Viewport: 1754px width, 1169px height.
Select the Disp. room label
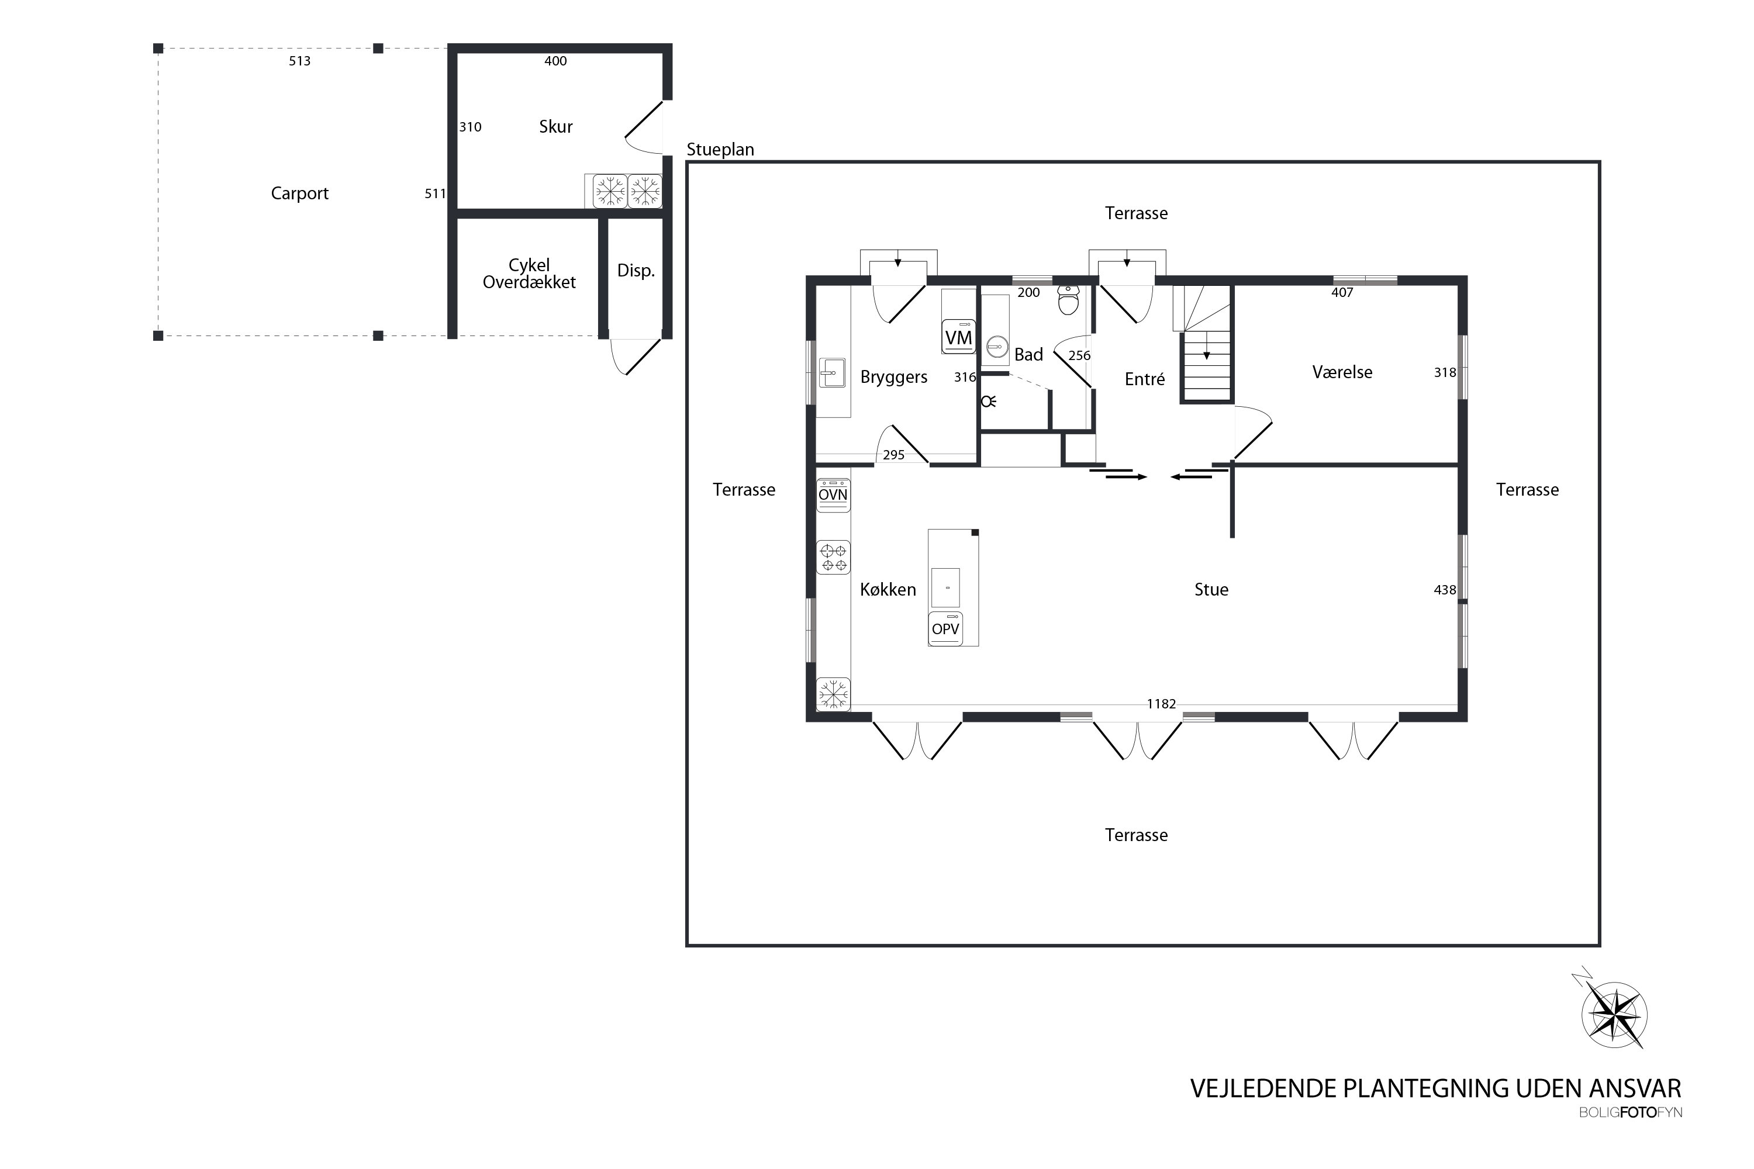pyautogui.click(x=636, y=271)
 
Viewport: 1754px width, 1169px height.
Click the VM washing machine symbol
pyautogui.click(x=958, y=337)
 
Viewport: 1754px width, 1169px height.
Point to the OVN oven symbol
pyautogui.click(x=833, y=495)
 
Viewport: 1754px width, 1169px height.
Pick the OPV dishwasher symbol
pyautogui.click(x=945, y=628)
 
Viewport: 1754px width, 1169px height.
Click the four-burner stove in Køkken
pyautogui.click(x=833, y=557)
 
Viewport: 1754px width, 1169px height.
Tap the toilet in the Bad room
pyautogui.click(x=1069, y=300)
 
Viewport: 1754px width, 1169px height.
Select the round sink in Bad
pyautogui.click(x=997, y=347)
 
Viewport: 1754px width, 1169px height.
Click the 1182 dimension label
pyautogui.click(x=1161, y=704)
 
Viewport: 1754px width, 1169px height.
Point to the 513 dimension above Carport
pyautogui.click(x=300, y=61)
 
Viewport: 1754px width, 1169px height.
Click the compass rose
pyautogui.click(x=1614, y=1015)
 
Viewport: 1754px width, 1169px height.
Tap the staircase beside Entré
pyautogui.click(x=1204, y=344)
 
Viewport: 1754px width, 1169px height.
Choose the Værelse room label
pyautogui.click(x=1342, y=372)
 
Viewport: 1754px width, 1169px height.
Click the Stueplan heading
pyautogui.click(x=720, y=150)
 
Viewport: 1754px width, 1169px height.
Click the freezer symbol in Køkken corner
pyautogui.click(x=833, y=694)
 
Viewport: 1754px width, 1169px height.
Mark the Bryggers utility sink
pyautogui.click(x=832, y=372)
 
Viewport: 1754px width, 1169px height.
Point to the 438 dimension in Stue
pyautogui.click(x=1445, y=590)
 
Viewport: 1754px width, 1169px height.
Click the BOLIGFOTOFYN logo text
pyautogui.click(x=1630, y=1112)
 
